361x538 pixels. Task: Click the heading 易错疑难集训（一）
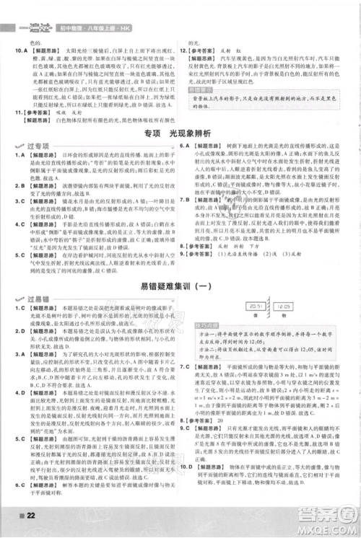(180, 287)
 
